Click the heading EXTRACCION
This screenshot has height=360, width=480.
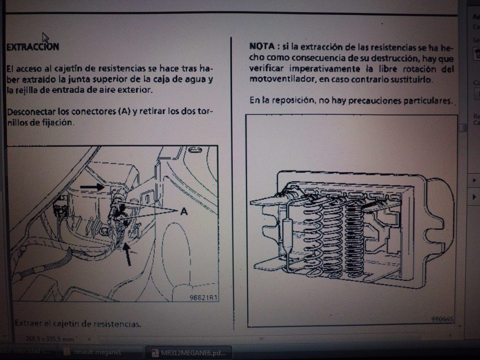[x=33, y=46]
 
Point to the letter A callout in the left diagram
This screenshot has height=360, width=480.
[x=184, y=211]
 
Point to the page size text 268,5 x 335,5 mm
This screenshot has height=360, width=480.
[x=49, y=338]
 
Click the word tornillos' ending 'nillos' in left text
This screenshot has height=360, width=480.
[x=18, y=122]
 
